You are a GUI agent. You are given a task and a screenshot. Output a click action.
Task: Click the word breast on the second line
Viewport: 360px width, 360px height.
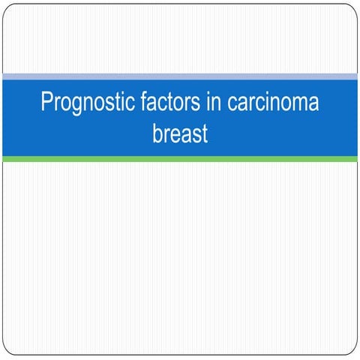point(179,136)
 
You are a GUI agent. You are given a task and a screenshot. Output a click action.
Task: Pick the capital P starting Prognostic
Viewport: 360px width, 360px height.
point(46,102)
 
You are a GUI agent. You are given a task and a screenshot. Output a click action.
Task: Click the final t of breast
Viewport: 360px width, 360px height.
point(203,136)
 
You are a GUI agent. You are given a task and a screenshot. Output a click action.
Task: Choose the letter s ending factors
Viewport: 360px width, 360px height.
point(196,103)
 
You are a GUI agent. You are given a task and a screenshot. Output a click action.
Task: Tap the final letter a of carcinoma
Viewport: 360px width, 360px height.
point(313,103)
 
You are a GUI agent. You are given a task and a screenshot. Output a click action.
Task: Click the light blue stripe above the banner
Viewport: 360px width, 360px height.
point(180,76)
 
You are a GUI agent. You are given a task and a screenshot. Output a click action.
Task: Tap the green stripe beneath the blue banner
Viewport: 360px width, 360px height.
point(180,159)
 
